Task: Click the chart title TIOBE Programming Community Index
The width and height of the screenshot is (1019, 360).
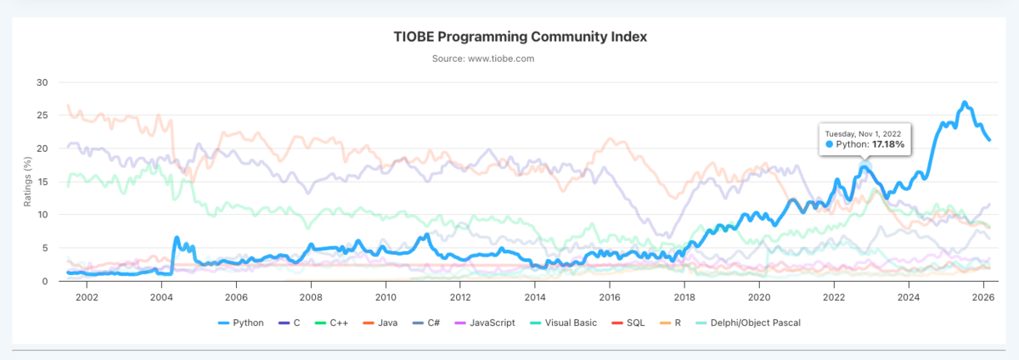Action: [521, 37]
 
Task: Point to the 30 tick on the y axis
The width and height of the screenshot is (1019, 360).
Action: [42, 82]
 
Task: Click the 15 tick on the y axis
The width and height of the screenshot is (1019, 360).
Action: [42, 182]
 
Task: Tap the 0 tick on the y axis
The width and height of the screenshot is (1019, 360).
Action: [46, 281]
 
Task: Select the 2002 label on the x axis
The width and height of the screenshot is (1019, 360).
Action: [87, 297]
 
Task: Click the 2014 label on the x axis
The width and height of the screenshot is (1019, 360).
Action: [535, 297]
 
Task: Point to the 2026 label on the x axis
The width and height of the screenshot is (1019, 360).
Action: [982, 297]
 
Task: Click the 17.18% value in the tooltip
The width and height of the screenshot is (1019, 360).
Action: [887, 145]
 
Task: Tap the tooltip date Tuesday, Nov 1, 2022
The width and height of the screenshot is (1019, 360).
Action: [864, 132]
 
